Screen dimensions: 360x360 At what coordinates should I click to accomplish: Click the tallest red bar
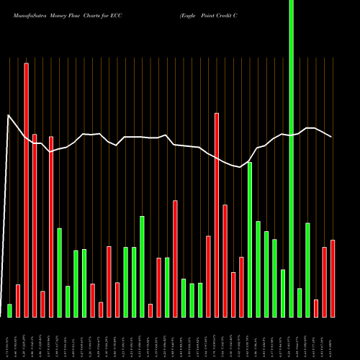[27, 187]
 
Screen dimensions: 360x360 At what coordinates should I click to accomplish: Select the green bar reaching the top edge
[291, 158]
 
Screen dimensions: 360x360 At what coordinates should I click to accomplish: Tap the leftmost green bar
[10, 310]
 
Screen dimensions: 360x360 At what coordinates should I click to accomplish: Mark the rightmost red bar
[333, 278]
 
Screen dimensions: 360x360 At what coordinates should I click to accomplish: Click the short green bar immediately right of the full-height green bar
[300, 302]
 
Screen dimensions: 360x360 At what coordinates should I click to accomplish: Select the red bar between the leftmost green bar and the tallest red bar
[18, 300]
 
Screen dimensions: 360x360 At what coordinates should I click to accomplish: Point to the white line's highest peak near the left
[9, 115]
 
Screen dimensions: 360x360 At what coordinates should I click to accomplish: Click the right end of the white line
[332, 137]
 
